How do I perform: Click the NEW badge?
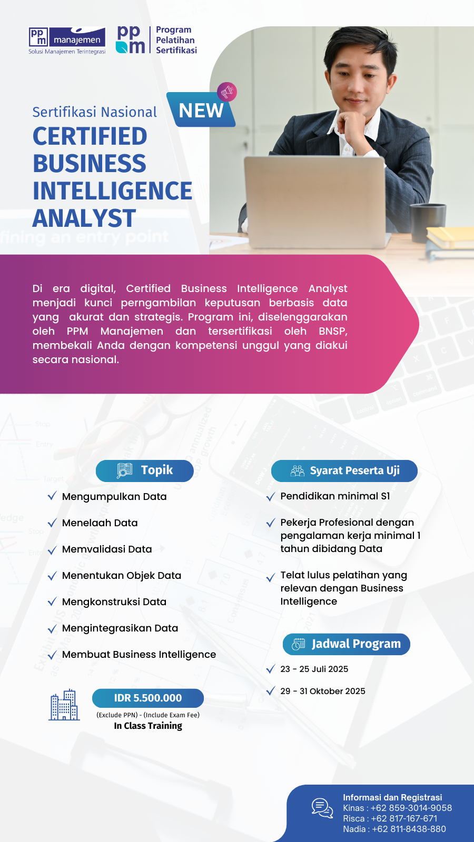pyautogui.click(x=201, y=111)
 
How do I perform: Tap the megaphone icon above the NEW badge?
pyautogui.click(x=227, y=92)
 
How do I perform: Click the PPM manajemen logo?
pyautogui.click(x=67, y=40)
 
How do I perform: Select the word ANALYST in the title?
pyautogui.click(x=84, y=218)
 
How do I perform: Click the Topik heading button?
pyautogui.click(x=145, y=470)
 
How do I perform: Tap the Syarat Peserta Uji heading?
pyautogui.click(x=344, y=470)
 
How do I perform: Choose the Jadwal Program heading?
pyautogui.click(x=347, y=644)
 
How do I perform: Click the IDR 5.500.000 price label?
pyautogui.click(x=148, y=698)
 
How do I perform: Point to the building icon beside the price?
pyautogui.click(x=64, y=705)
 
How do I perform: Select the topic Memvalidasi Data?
pyautogui.click(x=107, y=549)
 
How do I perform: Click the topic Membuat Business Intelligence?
pyautogui.click(x=139, y=654)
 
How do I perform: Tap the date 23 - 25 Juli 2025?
pyautogui.click(x=314, y=669)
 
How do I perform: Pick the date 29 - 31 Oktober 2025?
pyautogui.click(x=323, y=691)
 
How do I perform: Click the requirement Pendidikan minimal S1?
pyautogui.click(x=335, y=496)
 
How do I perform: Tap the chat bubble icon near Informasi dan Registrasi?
pyautogui.click(x=322, y=808)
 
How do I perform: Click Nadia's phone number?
pyautogui.click(x=409, y=829)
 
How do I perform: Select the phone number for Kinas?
pyautogui.click(x=411, y=808)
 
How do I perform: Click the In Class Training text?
pyautogui.click(x=148, y=726)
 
